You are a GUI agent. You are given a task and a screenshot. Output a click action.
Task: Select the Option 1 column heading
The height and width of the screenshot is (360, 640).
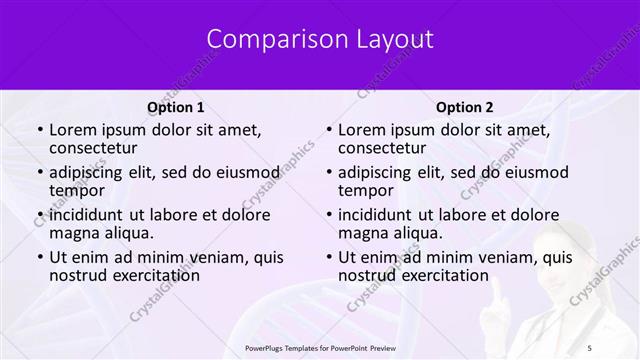[175, 107]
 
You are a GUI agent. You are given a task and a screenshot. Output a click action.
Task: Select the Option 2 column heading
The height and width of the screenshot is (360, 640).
[464, 107]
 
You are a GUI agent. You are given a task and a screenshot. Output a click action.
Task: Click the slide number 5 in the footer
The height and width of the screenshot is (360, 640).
[589, 346]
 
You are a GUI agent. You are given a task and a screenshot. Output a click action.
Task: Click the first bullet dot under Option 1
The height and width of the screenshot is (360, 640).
[39, 130]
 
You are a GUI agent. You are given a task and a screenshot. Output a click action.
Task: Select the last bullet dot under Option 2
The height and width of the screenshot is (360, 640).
[328, 257]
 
